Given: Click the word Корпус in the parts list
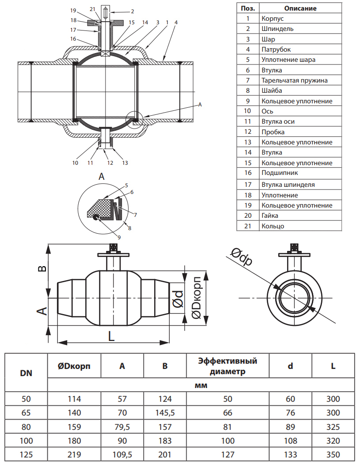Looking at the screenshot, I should pos(272,19).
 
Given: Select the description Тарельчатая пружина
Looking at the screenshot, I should pos(294,80).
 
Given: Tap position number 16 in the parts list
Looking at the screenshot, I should pos(248,173).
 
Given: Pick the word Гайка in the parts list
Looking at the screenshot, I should pos(270,216).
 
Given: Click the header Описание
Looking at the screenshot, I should pos(300,8).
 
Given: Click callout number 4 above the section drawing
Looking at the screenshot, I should pos(176,22).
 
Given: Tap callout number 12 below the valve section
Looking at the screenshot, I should pos(110,163).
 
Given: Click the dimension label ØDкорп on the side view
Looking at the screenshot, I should pos(196,297).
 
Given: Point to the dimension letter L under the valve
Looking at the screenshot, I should pos(111,337).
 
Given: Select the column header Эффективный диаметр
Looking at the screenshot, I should pos(227,366).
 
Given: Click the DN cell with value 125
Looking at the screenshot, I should pos(27,454).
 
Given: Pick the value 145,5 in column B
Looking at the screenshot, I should pos(165,413).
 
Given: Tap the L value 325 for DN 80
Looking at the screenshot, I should pos(333,427).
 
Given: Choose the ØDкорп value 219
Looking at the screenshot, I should pos(74,454).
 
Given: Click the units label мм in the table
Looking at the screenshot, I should pos(201,385).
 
